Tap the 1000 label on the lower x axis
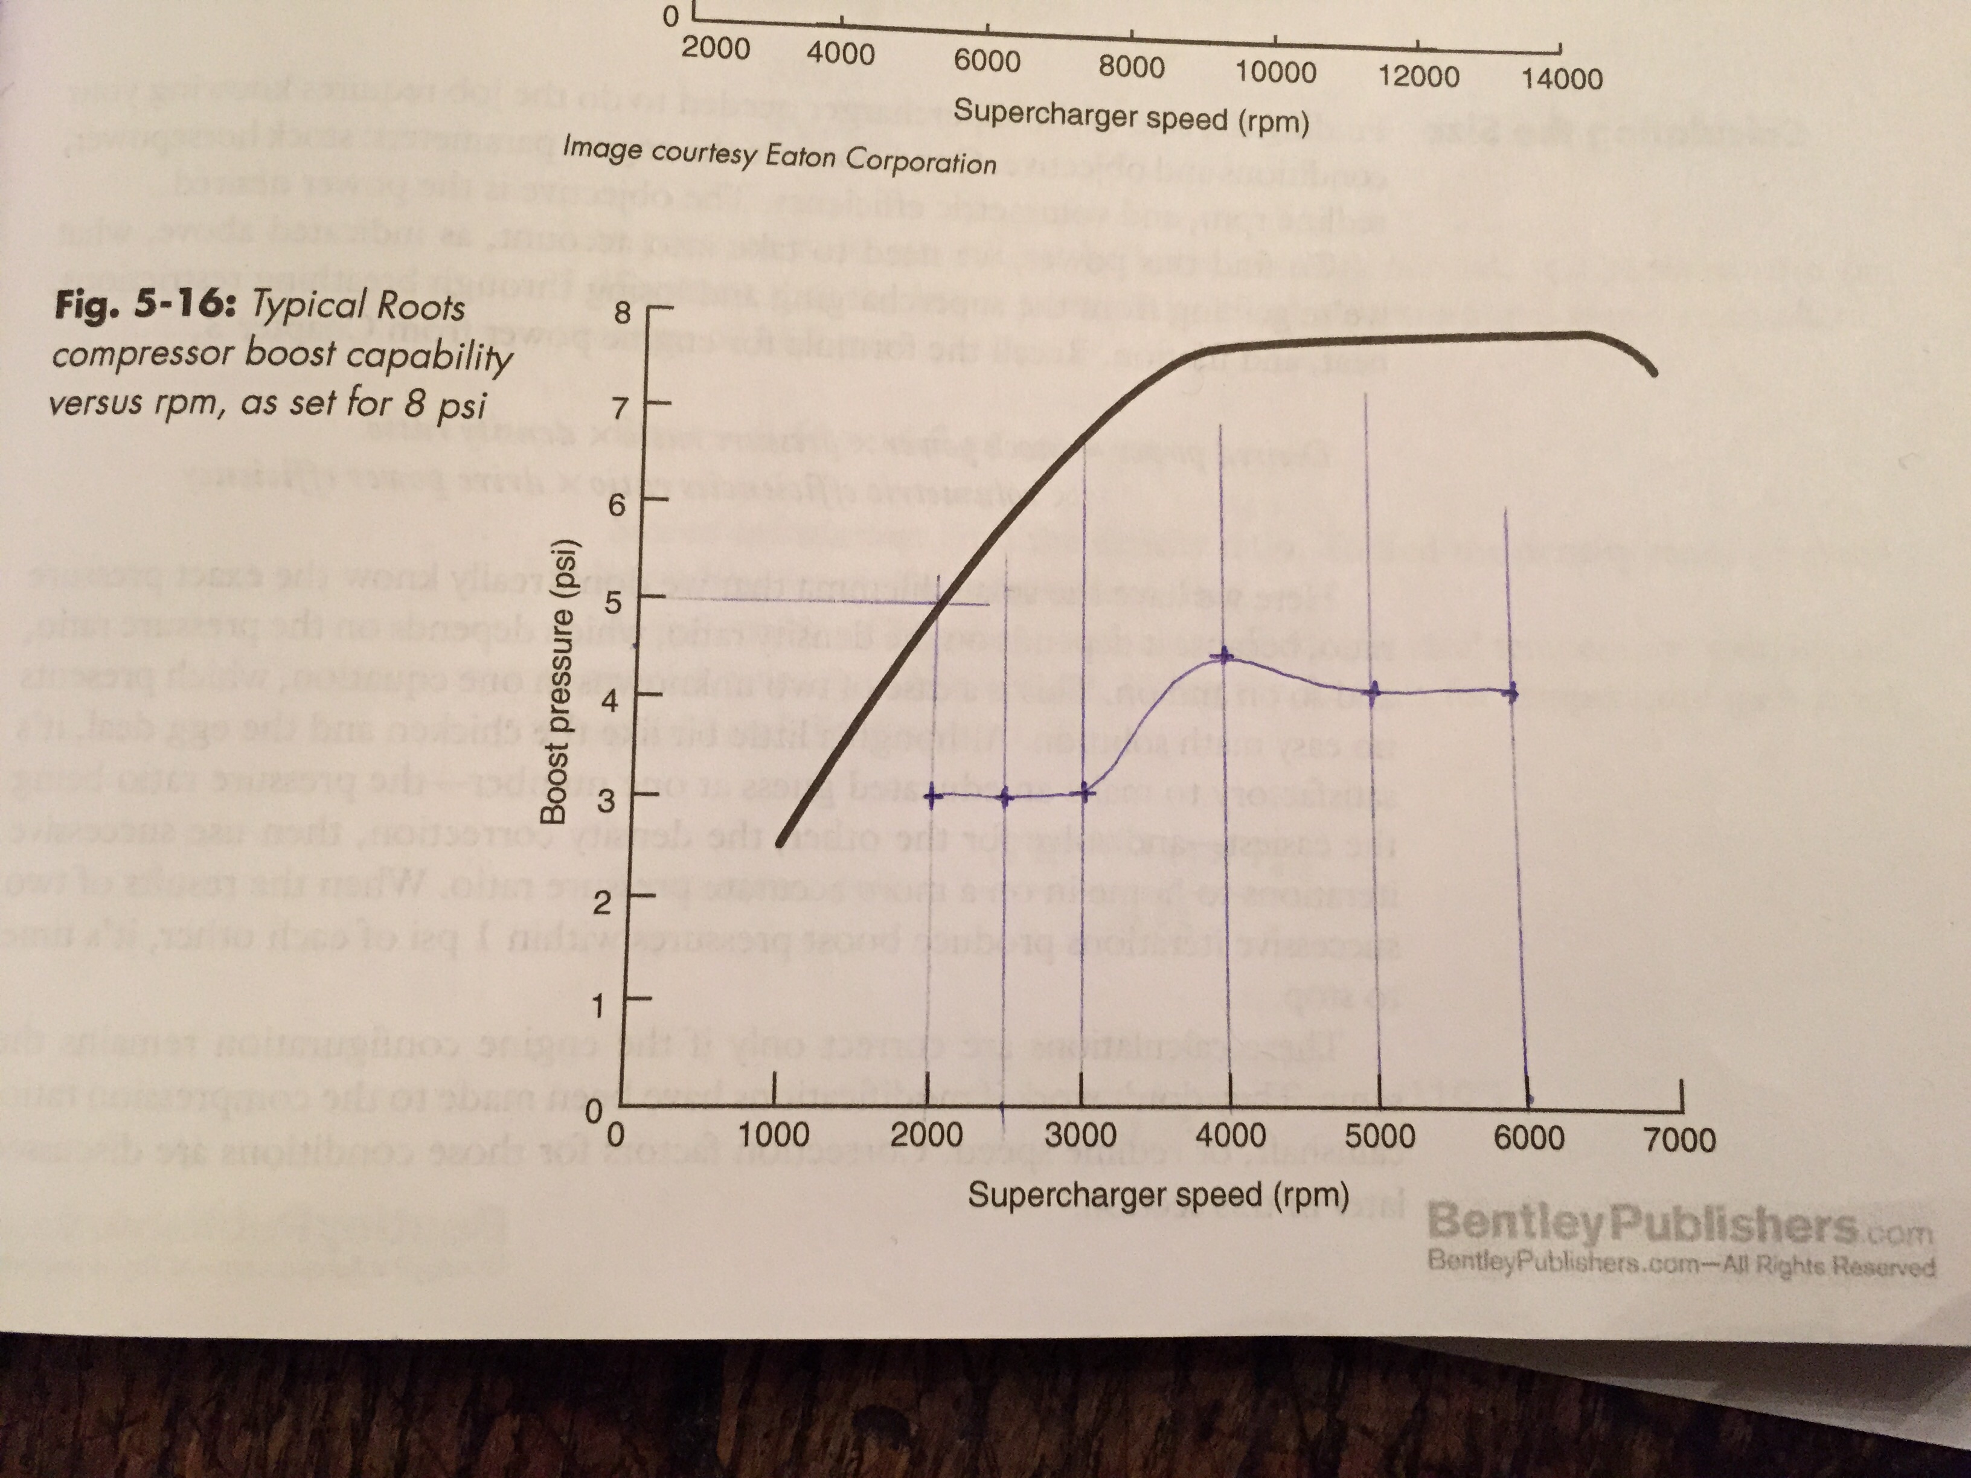(x=774, y=1135)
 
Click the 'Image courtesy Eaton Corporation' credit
(x=779, y=156)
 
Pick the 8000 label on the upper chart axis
(x=1131, y=67)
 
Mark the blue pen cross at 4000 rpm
(x=1223, y=657)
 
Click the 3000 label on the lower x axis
(x=1080, y=1136)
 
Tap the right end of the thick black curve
(x=1654, y=373)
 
